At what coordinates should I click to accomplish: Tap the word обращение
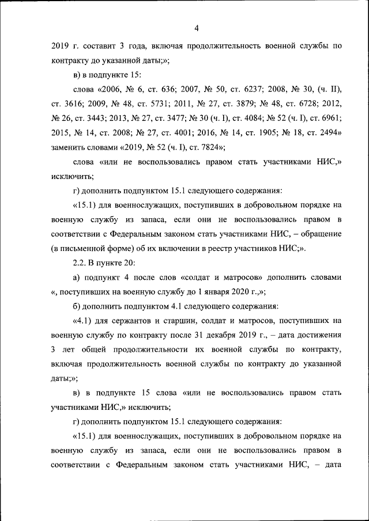click(x=320, y=234)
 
